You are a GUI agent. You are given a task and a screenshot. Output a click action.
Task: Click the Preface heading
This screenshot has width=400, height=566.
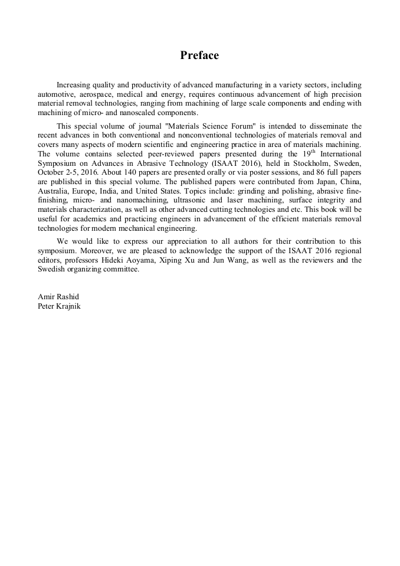pyautogui.click(x=199, y=55)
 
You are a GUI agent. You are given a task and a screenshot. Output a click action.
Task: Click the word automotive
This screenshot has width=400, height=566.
pyautogui.click(x=55, y=94)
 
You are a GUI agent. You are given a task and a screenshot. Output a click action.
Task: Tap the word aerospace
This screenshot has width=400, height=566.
pyautogui.click(x=96, y=94)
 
